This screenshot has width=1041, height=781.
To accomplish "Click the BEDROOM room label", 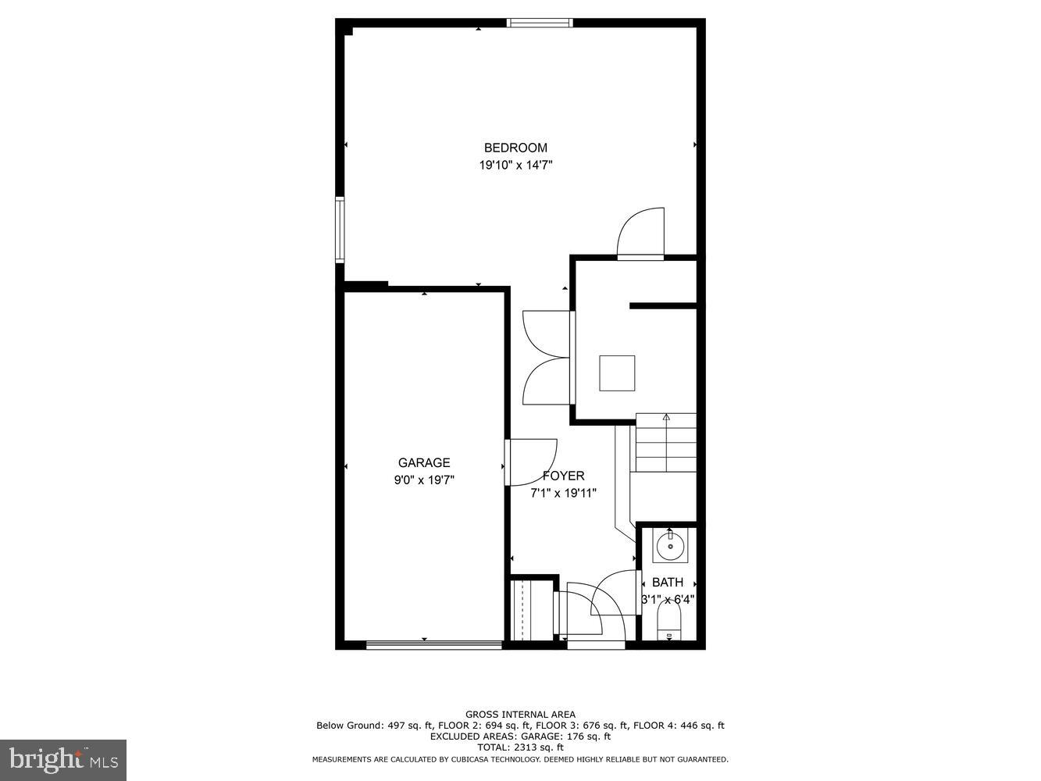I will [x=515, y=148].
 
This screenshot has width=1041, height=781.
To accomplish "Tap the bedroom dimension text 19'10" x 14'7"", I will [x=515, y=166].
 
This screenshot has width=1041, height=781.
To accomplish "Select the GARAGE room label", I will [x=424, y=462].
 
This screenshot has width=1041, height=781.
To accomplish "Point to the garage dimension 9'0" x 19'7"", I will [x=424, y=480].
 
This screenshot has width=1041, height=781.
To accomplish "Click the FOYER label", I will [x=563, y=476].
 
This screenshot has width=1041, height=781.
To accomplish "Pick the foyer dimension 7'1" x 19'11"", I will [x=563, y=493].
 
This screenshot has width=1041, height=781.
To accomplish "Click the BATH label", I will [x=668, y=582].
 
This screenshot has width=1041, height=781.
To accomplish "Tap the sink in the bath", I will [x=670, y=546].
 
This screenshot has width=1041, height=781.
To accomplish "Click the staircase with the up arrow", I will [x=665, y=442].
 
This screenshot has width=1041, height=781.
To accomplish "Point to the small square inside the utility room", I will [x=617, y=373].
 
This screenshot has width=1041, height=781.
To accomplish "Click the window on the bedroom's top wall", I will [x=540, y=23].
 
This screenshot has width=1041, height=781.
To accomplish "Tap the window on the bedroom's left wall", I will [x=340, y=229].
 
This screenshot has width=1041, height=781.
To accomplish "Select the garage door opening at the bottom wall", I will [x=433, y=645].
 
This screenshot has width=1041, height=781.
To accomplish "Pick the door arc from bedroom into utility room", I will [x=641, y=232].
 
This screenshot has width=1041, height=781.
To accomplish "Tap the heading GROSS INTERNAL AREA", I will [x=520, y=714].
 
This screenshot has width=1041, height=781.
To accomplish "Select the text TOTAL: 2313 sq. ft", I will [x=520, y=747].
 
